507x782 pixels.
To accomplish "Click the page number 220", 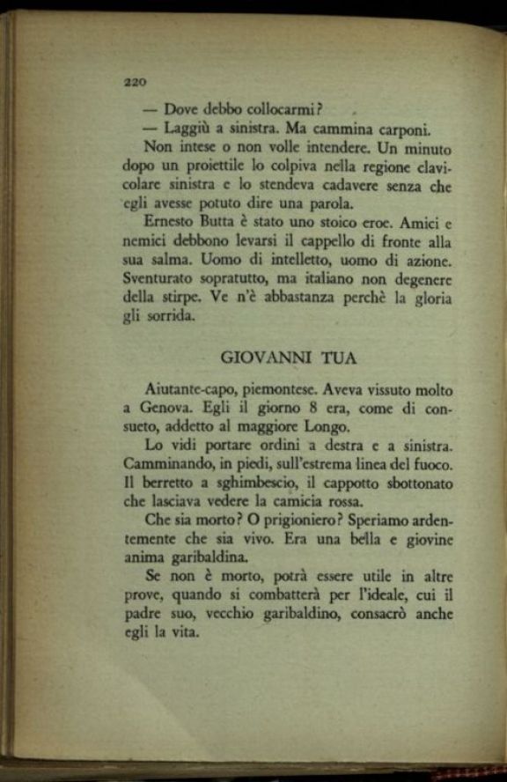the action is [x=134, y=81].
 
